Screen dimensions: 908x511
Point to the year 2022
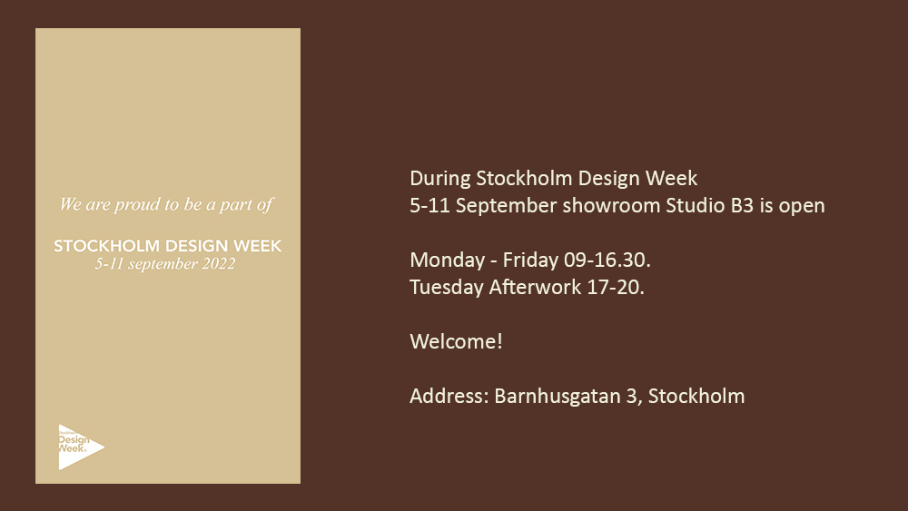tap(219, 264)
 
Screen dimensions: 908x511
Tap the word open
tap(802, 207)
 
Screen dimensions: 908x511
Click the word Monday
tap(447, 260)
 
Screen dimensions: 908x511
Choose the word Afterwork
tap(535, 287)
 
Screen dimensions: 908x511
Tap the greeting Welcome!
tap(457, 341)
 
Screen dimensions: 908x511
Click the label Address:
tap(449, 396)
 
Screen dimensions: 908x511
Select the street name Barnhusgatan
tap(558, 397)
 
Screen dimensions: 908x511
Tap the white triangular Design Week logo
tap(81, 447)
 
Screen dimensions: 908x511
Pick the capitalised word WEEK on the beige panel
tap(258, 246)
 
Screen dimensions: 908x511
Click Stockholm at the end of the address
tap(696, 396)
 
